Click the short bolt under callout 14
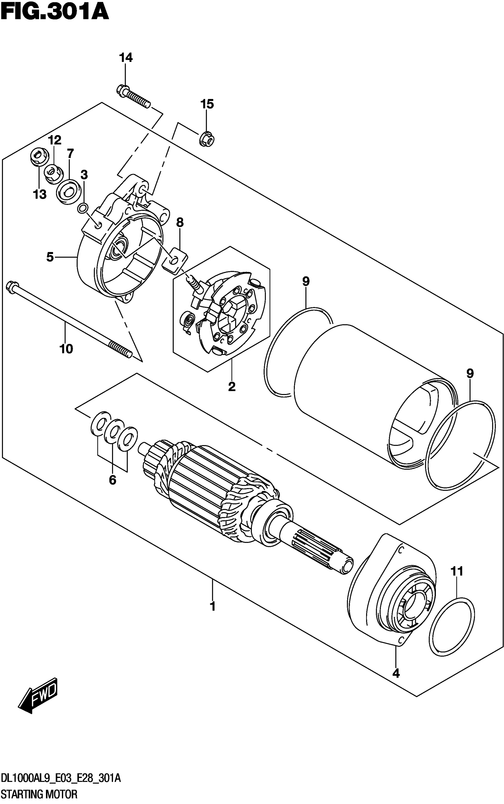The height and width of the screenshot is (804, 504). point(134,96)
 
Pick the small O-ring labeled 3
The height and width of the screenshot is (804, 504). point(83,209)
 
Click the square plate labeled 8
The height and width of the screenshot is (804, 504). point(175,260)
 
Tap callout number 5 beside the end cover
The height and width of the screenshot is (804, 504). point(50,257)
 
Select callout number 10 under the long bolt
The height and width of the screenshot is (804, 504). point(66,349)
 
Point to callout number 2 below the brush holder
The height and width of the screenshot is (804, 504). point(232,386)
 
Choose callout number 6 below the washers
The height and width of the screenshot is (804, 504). point(113,480)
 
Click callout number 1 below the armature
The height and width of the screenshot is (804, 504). point(213,606)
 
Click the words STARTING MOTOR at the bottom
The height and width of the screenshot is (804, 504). point(39,794)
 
